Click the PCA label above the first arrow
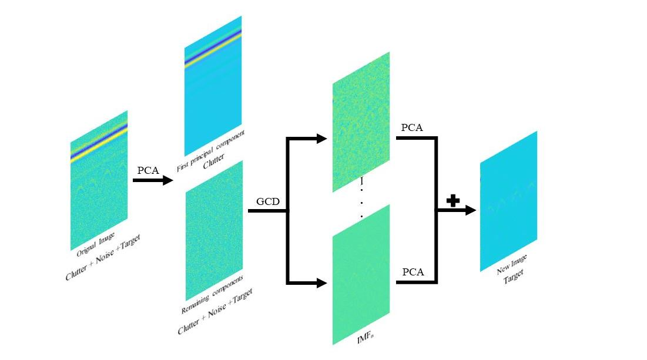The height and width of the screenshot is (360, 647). pyautogui.click(x=149, y=170)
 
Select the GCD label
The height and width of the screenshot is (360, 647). pyautogui.click(x=267, y=202)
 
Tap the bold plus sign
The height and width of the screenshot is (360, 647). pyautogui.click(x=452, y=201)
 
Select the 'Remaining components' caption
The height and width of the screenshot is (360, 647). pyautogui.click(x=212, y=294)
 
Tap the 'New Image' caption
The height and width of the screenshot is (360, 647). pyautogui.click(x=511, y=265)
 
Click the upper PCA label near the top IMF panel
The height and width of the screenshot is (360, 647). pyautogui.click(x=411, y=127)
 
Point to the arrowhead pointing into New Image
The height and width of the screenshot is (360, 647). pyautogui.click(x=470, y=210)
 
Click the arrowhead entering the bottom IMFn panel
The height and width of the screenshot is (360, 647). pyautogui.click(x=321, y=283)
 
